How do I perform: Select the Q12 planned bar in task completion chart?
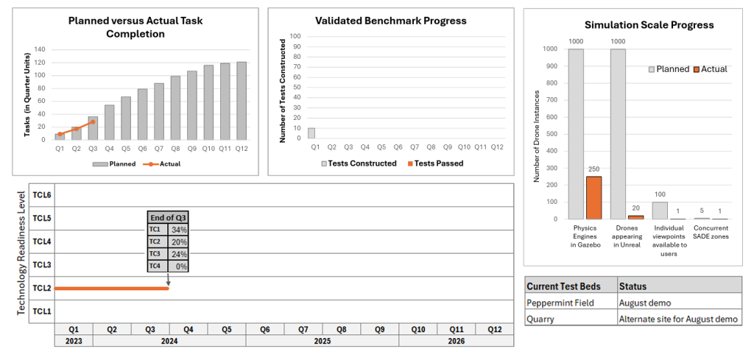242,100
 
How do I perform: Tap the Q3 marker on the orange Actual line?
92,121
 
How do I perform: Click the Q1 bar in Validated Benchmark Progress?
311,133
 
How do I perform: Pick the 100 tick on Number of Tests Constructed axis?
295,35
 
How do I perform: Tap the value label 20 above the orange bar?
635,208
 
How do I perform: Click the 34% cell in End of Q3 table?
180,230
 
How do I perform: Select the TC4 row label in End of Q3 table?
155,266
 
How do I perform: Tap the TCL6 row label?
41,195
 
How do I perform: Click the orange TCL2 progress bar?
110,288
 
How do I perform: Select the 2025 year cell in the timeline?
322,341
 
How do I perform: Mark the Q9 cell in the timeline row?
379,329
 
